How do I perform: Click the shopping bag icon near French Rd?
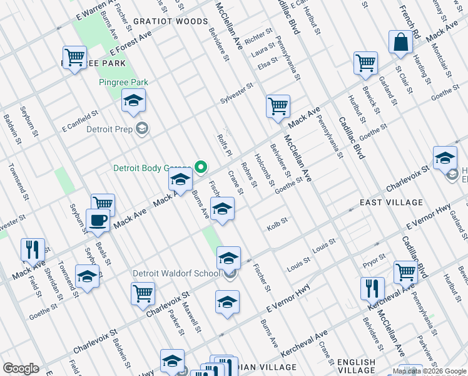point(400,43)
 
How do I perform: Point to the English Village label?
point(357,362)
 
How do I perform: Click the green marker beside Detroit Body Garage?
point(201,167)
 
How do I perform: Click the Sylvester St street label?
point(236,94)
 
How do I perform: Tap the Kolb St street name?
point(277,222)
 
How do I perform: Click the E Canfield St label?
point(81,122)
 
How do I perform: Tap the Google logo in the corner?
point(21,368)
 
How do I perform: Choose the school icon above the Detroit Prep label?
point(133,101)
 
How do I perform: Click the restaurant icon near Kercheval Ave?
point(373,289)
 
